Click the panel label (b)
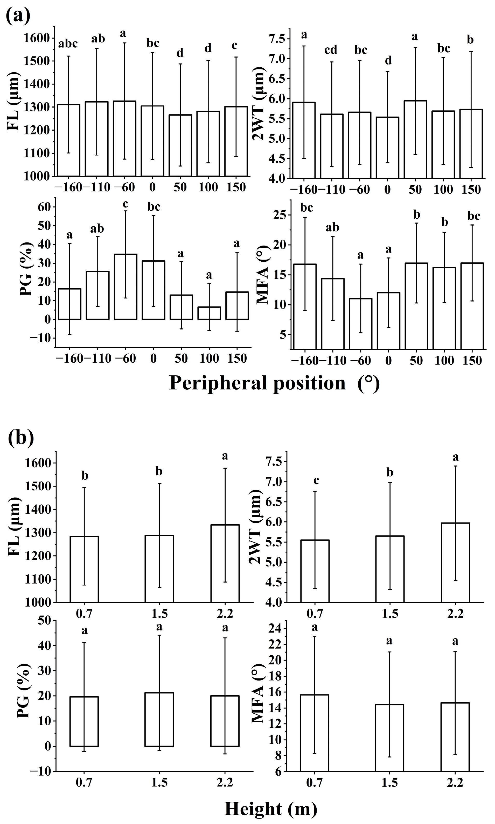(x=21, y=439)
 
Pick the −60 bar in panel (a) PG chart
(x=126, y=286)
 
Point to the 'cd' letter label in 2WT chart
(x=331, y=50)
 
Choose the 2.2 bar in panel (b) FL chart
(x=225, y=563)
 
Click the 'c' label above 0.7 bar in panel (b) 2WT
(x=316, y=480)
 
